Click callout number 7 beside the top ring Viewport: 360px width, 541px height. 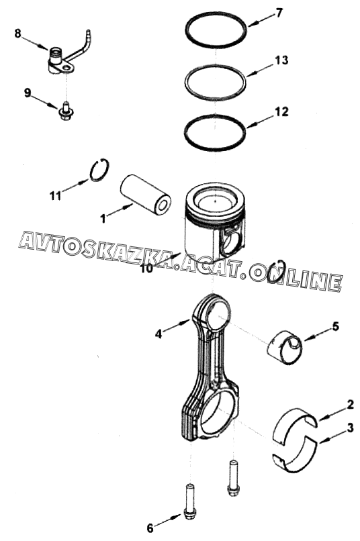click(x=279, y=13)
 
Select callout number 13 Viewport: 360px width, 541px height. click(x=281, y=60)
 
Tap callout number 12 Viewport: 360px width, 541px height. click(x=281, y=111)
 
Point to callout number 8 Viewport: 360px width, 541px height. click(x=18, y=34)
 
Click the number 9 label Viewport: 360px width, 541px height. click(x=28, y=93)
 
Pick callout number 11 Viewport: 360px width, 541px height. click(x=55, y=196)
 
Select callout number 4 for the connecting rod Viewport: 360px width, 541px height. click(x=159, y=334)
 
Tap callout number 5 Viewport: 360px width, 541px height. click(x=335, y=326)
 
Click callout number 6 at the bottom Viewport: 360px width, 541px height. click(x=150, y=528)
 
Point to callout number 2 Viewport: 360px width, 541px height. click(x=350, y=404)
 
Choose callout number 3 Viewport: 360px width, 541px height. click(x=350, y=428)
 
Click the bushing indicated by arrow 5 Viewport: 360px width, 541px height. click(x=284, y=348)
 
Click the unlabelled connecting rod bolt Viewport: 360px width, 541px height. click(x=232, y=478)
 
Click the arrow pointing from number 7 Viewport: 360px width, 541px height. click(x=261, y=20)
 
